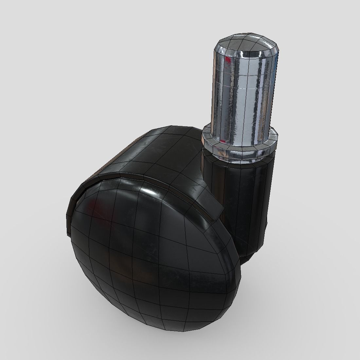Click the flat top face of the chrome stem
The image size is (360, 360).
tap(246, 42)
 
